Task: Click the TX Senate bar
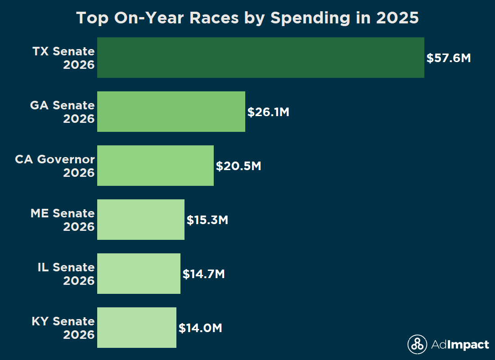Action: pyautogui.click(x=261, y=58)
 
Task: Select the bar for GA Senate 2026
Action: pyautogui.click(x=171, y=112)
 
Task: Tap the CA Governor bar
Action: pyautogui.click(x=155, y=166)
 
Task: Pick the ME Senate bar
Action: pyautogui.click(x=141, y=220)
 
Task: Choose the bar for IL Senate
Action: pyautogui.click(x=139, y=274)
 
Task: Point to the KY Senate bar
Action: pyautogui.click(x=137, y=328)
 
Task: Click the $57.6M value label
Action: pyautogui.click(x=449, y=58)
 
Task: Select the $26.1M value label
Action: pyautogui.click(x=268, y=112)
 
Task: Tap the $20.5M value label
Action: pyautogui.click(x=238, y=166)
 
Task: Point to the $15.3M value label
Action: pyautogui.click(x=207, y=220)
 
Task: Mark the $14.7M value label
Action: pyautogui.click(x=203, y=274)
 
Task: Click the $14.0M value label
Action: pyautogui.click(x=200, y=328)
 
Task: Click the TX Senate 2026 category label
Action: pyautogui.click(x=63, y=58)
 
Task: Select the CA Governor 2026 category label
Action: pyautogui.click(x=55, y=166)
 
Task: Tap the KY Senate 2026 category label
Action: pyautogui.click(x=63, y=328)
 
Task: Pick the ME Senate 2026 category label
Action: pyautogui.click(x=63, y=220)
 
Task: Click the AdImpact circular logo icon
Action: pyautogui.click(x=417, y=345)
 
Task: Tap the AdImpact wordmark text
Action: pyautogui.click(x=460, y=345)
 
